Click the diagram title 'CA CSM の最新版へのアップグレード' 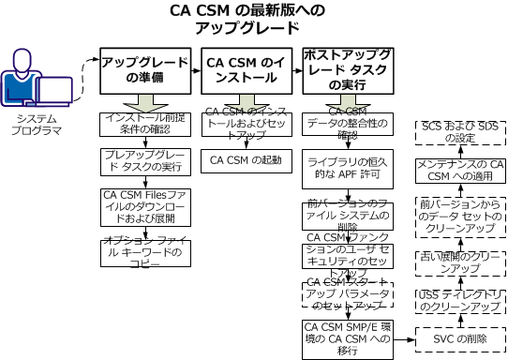[x=253, y=20]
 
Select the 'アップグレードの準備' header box [x=144, y=70]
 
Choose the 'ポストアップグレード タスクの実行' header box [x=348, y=70]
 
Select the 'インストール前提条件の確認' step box [x=145, y=125]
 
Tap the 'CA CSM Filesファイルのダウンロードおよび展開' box [x=145, y=202]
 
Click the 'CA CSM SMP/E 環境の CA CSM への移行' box [x=348, y=334]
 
